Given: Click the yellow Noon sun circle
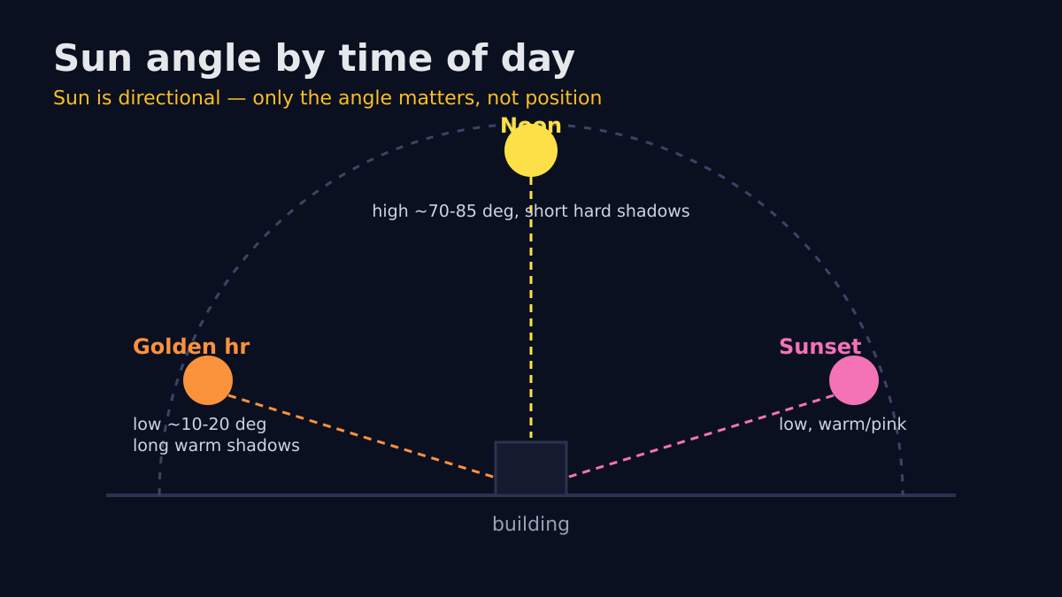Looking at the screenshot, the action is [531, 150].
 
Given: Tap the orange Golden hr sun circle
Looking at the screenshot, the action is [208, 380].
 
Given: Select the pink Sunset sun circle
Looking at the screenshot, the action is [854, 380].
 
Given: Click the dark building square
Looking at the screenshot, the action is [531, 468].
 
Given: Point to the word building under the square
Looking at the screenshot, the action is [531, 524].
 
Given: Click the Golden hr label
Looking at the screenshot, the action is [191, 347].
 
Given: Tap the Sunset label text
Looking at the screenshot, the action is [820, 347].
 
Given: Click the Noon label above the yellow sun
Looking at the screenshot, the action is [531, 126].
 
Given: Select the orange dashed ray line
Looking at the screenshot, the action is [361, 436].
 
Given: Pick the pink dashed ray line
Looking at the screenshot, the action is [701, 436].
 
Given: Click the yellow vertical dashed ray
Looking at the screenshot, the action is [531, 308].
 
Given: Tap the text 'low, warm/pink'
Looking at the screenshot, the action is [843, 425].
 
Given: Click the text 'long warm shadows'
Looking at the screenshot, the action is [216, 446].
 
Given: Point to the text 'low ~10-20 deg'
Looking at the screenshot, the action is [200, 425].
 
